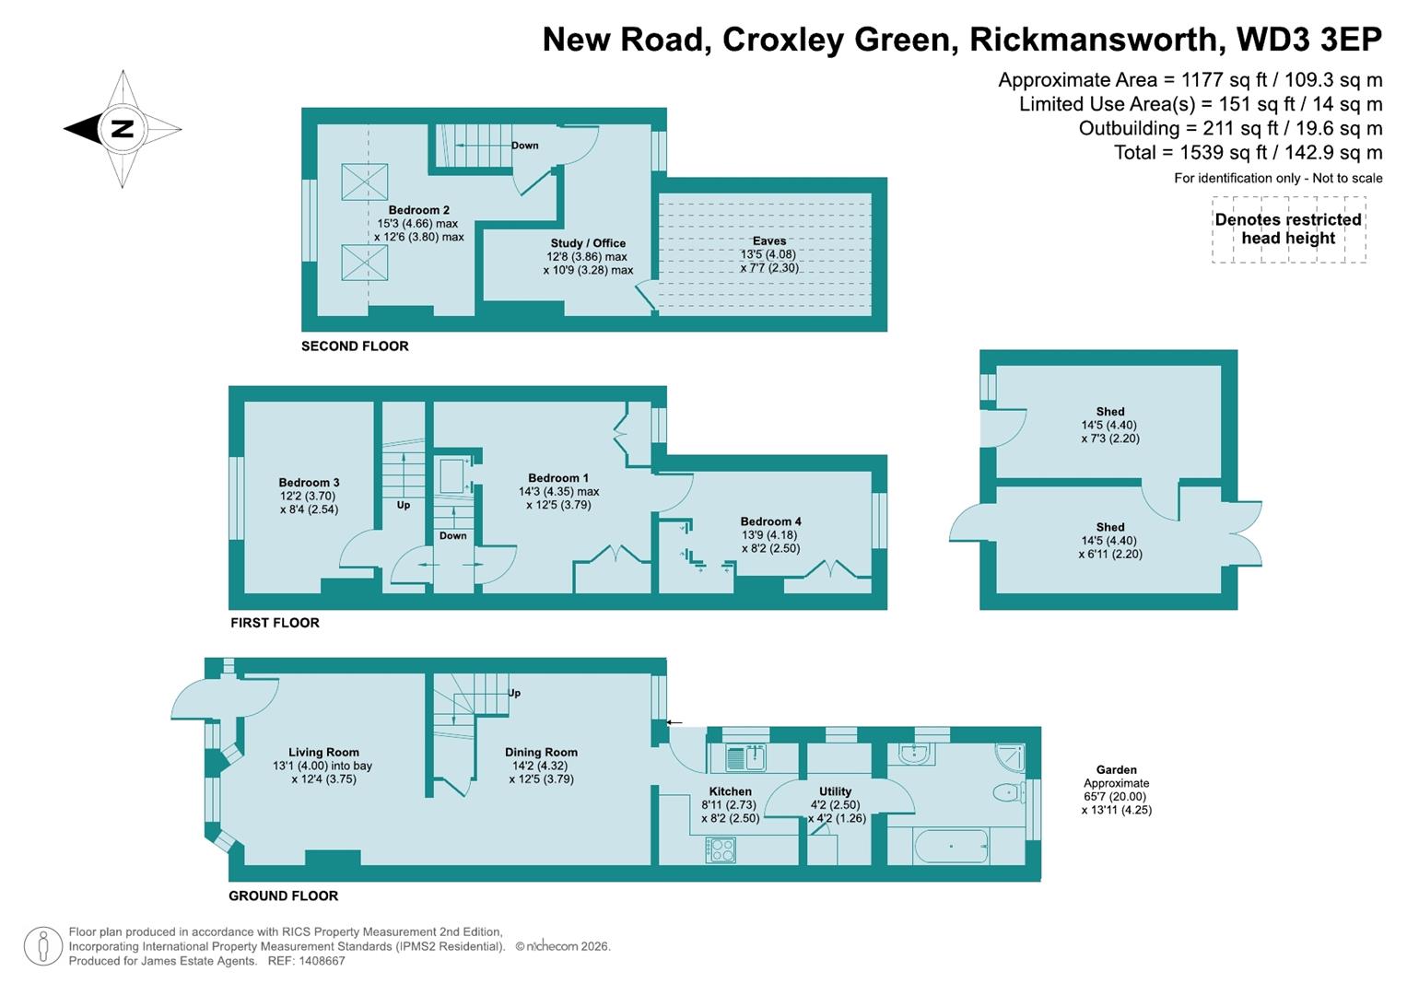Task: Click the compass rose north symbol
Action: (x=122, y=129)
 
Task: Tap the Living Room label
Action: (x=323, y=752)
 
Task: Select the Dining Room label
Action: (x=541, y=752)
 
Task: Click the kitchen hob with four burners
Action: (x=721, y=849)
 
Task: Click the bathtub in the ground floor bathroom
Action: (x=950, y=845)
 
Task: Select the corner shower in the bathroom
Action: (x=1010, y=756)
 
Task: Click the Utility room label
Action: (x=835, y=791)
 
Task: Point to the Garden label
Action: (x=1116, y=769)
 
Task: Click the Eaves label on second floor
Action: (x=769, y=241)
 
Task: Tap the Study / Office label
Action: (x=588, y=243)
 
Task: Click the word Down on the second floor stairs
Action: (x=525, y=146)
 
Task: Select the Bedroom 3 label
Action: (x=309, y=483)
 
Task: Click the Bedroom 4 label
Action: (x=770, y=521)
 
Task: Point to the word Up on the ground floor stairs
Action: (x=514, y=693)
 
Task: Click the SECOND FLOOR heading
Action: (x=355, y=346)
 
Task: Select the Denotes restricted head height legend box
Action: (x=1288, y=229)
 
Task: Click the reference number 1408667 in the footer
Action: (x=319, y=961)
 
